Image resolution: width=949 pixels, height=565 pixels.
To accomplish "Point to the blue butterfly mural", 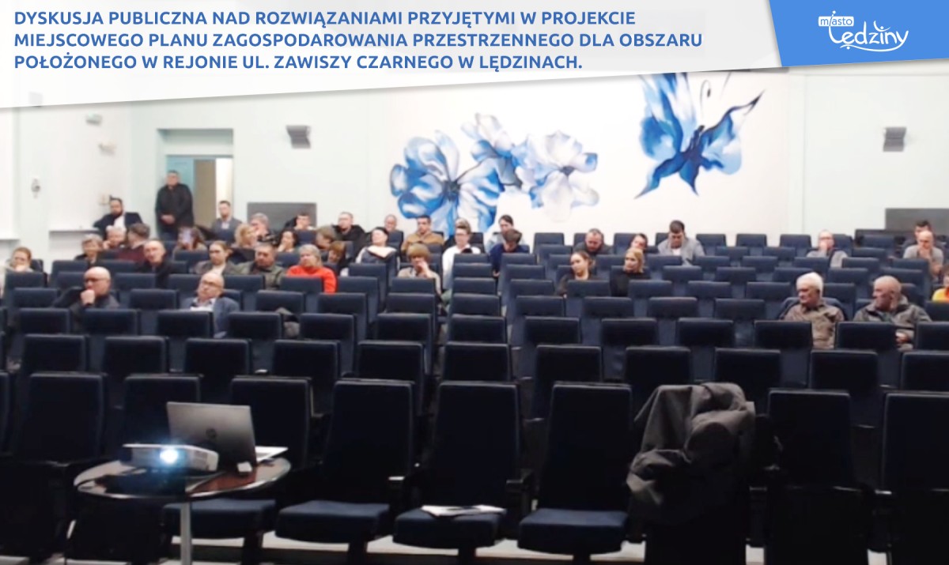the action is point(695,135).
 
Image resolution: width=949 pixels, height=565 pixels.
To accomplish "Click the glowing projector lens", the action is point(168,456).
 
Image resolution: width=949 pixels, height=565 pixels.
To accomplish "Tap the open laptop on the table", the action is point(216,431).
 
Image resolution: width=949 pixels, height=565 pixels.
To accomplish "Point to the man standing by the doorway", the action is point(174,205).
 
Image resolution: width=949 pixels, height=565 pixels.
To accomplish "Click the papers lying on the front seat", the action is point(464,510).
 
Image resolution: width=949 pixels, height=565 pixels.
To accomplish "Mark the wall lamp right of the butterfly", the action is point(894,138).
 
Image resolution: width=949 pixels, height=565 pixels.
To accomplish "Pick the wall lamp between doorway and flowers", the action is point(298,136).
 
